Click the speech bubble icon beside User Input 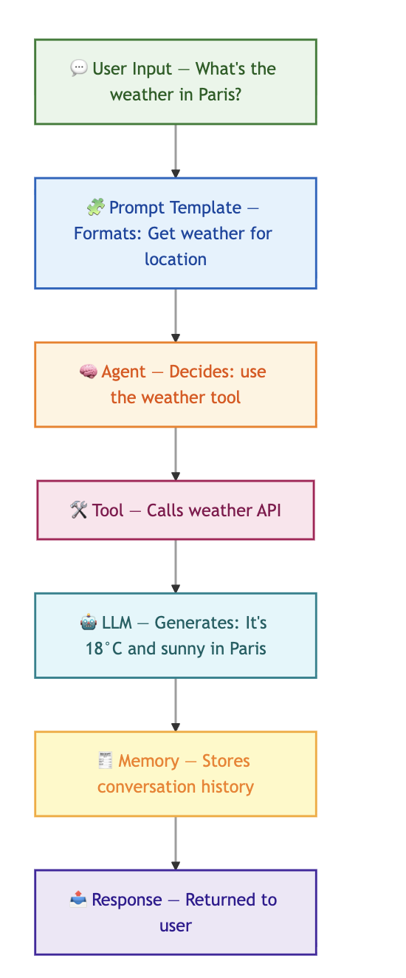point(79,69)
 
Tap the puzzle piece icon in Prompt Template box point(95,207)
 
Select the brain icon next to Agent point(89,372)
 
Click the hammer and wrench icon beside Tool point(79,510)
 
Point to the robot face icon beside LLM point(89,622)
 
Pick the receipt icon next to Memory point(105,761)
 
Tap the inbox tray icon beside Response point(78,899)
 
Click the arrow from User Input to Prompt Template point(176,151)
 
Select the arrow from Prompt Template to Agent point(176,315)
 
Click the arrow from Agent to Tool point(176,454)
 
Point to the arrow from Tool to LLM point(176,567)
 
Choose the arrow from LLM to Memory point(176,705)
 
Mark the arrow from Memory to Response point(176,843)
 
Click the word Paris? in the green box point(220,95)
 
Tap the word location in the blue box point(176,259)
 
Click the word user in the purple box point(176,926)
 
